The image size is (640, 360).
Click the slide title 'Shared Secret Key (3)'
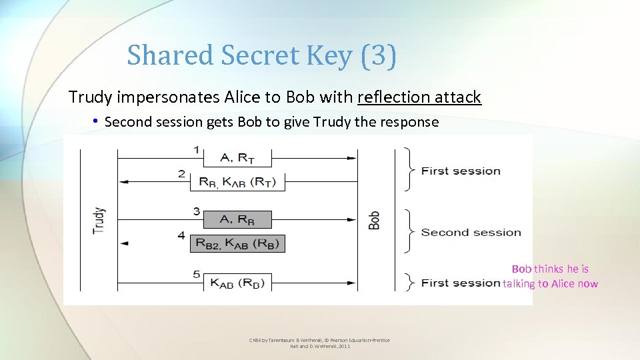click(x=261, y=55)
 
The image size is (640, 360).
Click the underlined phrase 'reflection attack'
click(x=419, y=97)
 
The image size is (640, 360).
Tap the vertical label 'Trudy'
click(x=99, y=220)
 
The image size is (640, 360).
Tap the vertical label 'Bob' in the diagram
click(x=375, y=220)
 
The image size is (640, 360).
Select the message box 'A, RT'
click(x=237, y=158)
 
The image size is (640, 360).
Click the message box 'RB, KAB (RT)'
click(x=237, y=182)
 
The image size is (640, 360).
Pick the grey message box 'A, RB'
click(x=237, y=219)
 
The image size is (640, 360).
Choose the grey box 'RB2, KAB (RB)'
click(x=237, y=243)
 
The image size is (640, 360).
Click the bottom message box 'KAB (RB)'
click(x=237, y=282)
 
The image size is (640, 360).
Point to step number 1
click(x=196, y=150)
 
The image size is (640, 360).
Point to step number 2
click(x=181, y=174)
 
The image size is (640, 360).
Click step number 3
click(x=196, y=211)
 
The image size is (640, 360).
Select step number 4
click(x=181, y=235)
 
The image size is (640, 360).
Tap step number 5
click(x=196, y=274)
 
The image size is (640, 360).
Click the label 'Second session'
click(x=471, y=233)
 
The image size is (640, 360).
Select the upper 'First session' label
click(x=461, y=171)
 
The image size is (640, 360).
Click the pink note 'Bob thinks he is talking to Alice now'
click(x=550, y=277)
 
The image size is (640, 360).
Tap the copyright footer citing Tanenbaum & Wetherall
click(x=319, y=343)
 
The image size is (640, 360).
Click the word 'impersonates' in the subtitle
click(x=188, y=97)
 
